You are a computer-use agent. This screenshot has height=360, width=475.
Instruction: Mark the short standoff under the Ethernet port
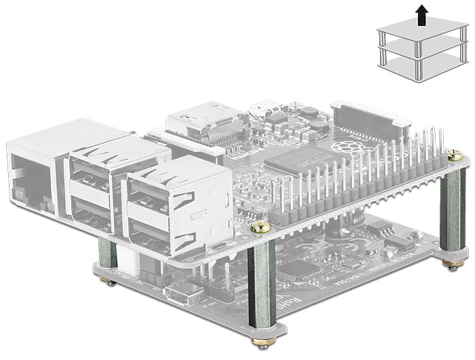107,256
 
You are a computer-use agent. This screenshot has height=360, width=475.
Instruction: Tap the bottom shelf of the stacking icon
418,63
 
